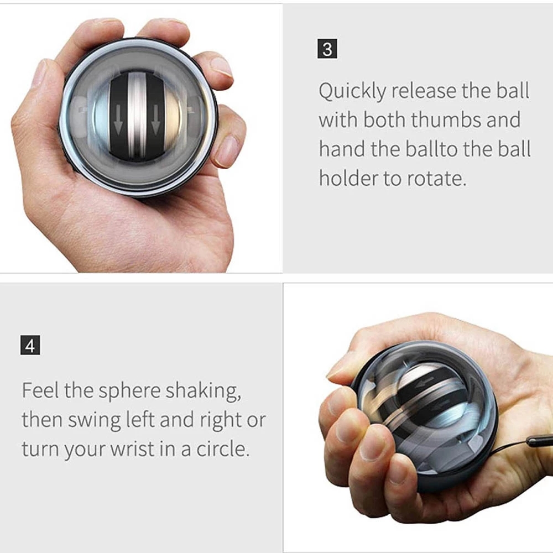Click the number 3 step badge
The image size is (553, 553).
pos(327,49)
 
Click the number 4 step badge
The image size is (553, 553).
pos(30,346)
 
